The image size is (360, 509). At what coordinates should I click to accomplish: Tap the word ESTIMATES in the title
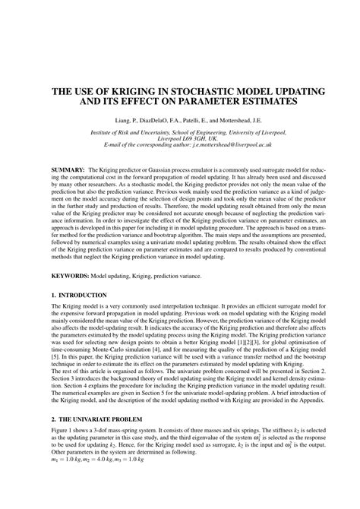[257, 101]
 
